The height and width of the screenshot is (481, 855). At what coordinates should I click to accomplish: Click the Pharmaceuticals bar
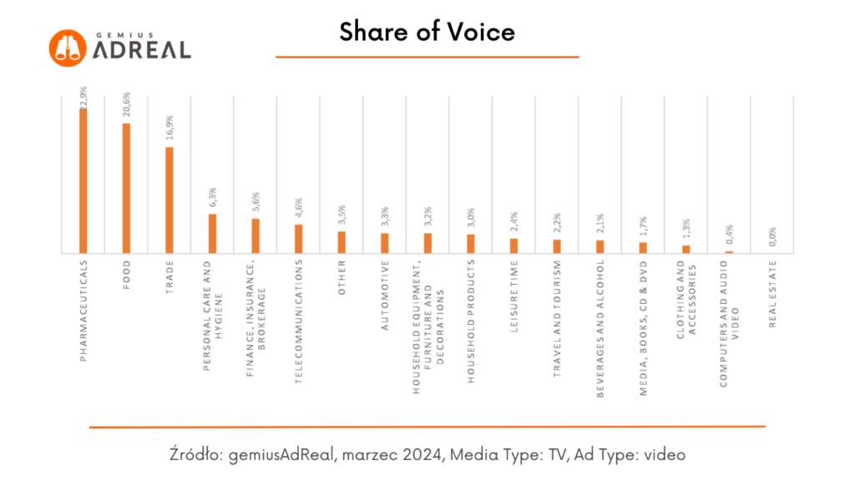(x=83, y=180)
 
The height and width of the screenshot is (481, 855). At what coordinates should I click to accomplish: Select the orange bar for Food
(x=126, y=188)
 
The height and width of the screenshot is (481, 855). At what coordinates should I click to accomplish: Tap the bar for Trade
(x=169, y=200)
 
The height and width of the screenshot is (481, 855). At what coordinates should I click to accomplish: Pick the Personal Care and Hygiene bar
(x=212, y=233)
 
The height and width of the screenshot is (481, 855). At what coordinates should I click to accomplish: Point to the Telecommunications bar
(x=298, y=238)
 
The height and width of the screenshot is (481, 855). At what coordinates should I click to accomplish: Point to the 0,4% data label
(x=729, y=235)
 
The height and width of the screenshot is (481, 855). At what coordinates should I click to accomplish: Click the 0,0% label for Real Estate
(x=772, y=236)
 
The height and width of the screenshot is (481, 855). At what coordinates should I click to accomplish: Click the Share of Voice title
(x=427, y=32)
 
